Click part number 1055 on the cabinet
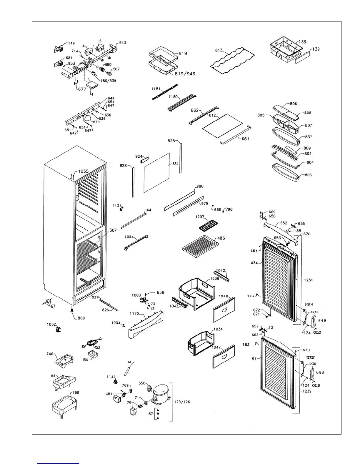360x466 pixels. click(83, 172)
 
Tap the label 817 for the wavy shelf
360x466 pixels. click(219, 50)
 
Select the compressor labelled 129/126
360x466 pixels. click(161, 392)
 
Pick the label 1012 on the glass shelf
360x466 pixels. click(211, 116)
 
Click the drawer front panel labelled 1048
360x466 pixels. click(224, 309)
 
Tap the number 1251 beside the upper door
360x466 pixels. click(308, 280)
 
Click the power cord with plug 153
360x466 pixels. click(92, 343)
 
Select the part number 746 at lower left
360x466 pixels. click(50, 354)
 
